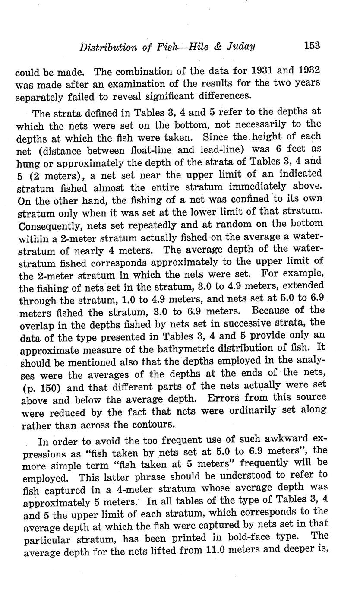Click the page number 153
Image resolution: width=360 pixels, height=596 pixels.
click(x=312, y=45)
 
